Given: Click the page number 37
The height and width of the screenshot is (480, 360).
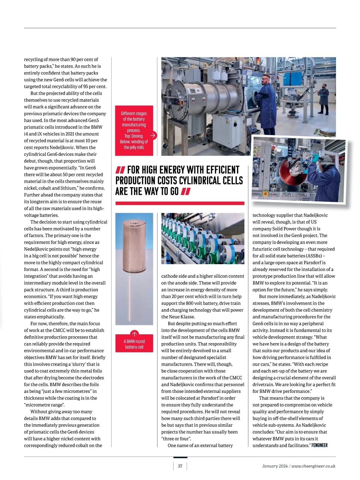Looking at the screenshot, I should pyautogui.click(x=180, y=466).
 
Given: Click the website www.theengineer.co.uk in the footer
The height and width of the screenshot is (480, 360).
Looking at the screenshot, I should pyautogui.click(x=313, y=466).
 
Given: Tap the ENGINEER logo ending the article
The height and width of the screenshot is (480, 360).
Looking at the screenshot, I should pyautogui.click(x=319, y=445).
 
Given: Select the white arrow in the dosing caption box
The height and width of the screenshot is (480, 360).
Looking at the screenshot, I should pyautogui.click(x=153, y=136).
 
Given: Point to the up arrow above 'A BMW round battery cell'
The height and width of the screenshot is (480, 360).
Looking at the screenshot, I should pyautogui.click(x=134, y=334).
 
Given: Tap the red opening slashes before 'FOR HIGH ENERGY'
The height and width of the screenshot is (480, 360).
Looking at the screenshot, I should pyautogui.click(x=120, y=170).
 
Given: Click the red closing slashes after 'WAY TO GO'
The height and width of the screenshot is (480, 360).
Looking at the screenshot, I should pyautogui.click(x=186, y=191).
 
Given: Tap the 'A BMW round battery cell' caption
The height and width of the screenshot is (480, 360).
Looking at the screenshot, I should pyautogui.click(x=134, y=344).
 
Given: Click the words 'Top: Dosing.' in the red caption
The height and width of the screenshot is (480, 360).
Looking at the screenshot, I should pyautogui.click(x=134, y=136).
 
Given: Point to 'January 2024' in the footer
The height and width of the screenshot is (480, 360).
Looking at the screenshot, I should pyautogui.click(x=274, y=466).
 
